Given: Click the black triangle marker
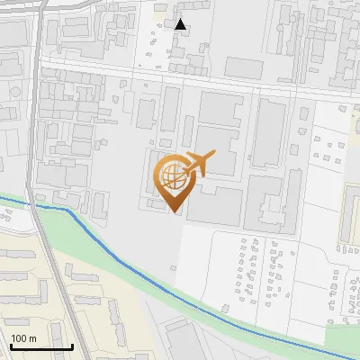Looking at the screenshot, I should point(181,24).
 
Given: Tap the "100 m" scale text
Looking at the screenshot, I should point(23,338).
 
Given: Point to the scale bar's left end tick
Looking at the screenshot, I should point(11,346).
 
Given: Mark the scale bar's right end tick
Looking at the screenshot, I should point(72,346).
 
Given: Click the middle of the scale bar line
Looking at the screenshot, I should point(41,347).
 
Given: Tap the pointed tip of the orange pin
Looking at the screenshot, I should point(173,211).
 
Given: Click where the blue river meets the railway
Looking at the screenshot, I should point(37,205).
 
